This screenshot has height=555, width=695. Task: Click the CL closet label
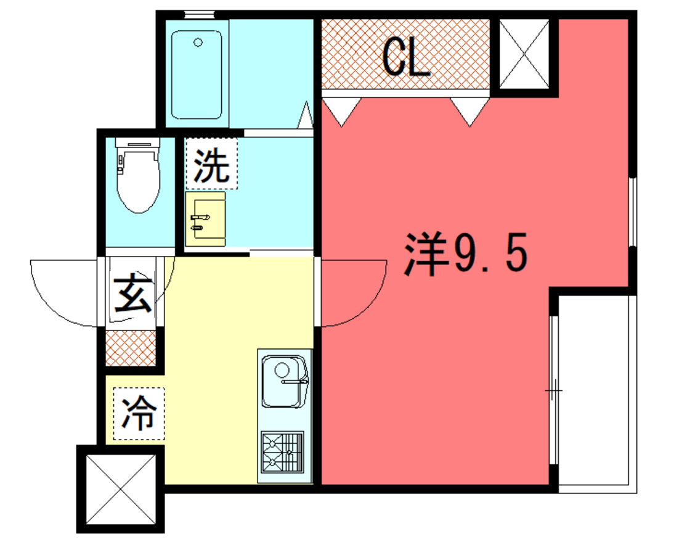(x=406, y=57)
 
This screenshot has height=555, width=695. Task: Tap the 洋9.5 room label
(x=465, y=253)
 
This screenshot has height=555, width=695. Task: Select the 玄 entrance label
(x=132, y=293)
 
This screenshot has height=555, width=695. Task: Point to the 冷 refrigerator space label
(x=139, y=413)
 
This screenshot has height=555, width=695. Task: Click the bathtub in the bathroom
(x=197, y=75)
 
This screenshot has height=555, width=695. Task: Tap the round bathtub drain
(x=198, y=43)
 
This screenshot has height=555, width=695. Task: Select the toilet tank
(x=137, y=142)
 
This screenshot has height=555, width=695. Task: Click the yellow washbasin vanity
(x=205, y=219)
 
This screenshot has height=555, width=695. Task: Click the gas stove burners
(x=282, y=451)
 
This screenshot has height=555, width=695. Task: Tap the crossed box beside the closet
(x=524, y=54)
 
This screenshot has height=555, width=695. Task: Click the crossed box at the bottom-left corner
(x=121, y=489)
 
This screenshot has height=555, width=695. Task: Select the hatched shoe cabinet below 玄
(x=131, y=348)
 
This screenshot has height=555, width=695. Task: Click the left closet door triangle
(x=341, y=112)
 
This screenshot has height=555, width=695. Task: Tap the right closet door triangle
(x=470, y=112)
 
